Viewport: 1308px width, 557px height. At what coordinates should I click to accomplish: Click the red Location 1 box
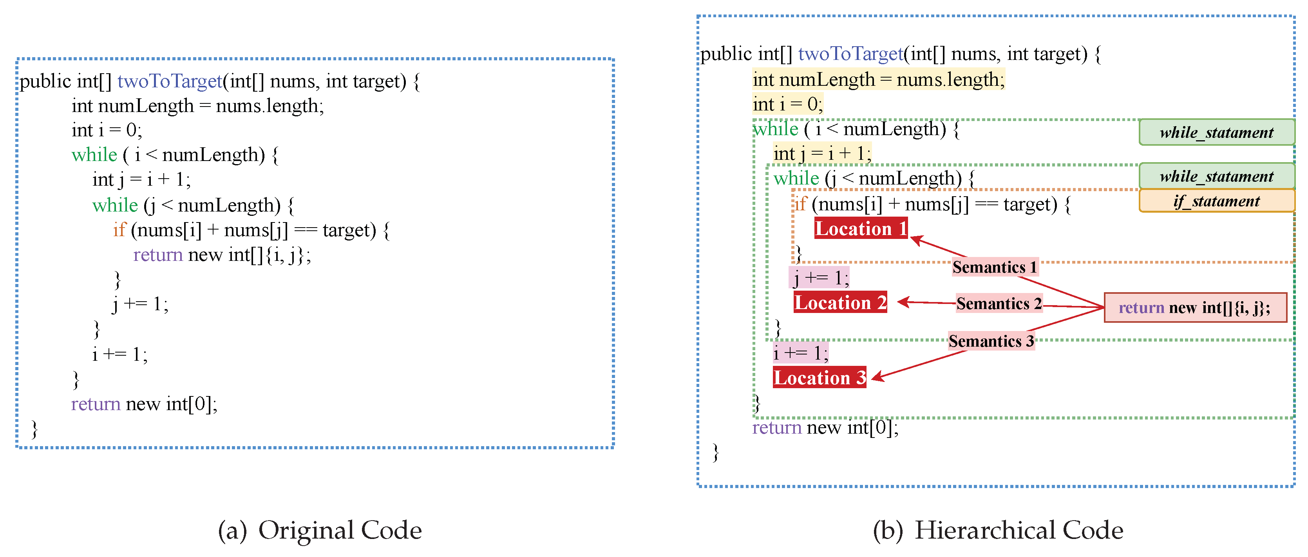861,228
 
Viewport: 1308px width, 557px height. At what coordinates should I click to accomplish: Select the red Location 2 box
840,303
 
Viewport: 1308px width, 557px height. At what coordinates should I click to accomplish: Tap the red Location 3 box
819,377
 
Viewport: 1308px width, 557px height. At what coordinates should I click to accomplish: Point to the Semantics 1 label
994,267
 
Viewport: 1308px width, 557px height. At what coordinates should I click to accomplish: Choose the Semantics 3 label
991,341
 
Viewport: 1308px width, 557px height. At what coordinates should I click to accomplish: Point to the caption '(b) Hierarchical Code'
997,530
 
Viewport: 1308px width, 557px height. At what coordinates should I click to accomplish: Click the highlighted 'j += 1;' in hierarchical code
818,278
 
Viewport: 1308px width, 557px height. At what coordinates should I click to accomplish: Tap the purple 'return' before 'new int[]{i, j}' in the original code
157,254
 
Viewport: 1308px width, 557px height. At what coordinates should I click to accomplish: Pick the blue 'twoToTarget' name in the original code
170,81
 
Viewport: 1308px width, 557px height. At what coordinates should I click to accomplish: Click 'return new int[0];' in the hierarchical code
825,427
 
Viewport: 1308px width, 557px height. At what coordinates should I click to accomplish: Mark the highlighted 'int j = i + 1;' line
821,153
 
